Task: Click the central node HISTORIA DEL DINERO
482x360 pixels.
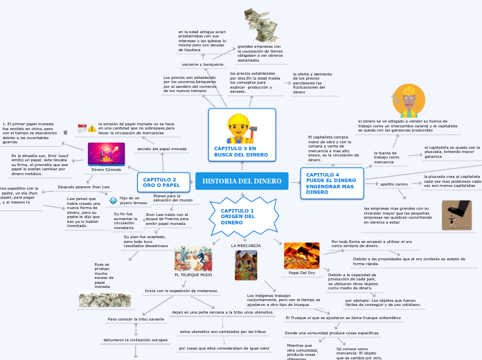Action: (242, 181)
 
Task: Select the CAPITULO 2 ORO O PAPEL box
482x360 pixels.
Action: (163, 182)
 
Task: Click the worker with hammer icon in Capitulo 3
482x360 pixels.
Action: (242, 129)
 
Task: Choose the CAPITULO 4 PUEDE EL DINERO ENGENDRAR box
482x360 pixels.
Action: (331, 183)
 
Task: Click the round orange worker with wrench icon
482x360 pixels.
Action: (409, 101)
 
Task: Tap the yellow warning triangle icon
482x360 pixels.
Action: (92, 128)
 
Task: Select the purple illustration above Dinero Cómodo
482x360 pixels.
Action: (106, 154)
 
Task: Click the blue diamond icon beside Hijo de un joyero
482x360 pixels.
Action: (113, 201)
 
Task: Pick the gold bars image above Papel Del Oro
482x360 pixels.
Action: (301, 255)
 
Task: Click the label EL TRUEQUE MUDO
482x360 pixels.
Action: (193, 276)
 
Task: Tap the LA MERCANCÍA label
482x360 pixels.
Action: (246, 246)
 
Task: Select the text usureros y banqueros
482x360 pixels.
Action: (202, 64)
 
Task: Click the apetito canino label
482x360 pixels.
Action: (394, 184)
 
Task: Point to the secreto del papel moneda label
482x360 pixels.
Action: (162, 149)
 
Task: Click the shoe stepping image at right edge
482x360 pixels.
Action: (456, 215)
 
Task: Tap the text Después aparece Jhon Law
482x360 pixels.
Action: (84, 187)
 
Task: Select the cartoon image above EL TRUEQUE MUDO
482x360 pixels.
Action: (193, 259)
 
